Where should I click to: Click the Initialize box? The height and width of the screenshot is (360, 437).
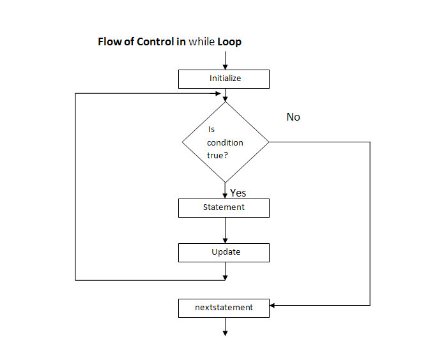pyautogui.click(x=224, y=79)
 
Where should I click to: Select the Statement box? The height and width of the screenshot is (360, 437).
pyautogui.click(x=224, y=208)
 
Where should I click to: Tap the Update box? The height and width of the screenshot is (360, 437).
pyautogui.click(x=224, y=253)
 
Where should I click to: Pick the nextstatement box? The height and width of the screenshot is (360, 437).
pyautogui.click(x=224, y=308)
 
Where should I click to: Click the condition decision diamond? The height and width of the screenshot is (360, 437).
pyautogui.click(x=225, y=142)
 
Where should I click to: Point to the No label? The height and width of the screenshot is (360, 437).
pyautogui.click(x=293, y=117)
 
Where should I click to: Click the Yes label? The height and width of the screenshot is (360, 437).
pyautogui.click(x=238, y=193)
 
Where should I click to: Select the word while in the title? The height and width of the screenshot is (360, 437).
pyautogui.click(x=202, y=41)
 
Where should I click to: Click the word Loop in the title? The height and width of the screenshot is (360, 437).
pyautogui.click(x=229, y=42)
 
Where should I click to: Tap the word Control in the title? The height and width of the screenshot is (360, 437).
pyautogui.click(x=155, y=41)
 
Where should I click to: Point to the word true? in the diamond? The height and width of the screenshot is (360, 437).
pyautogui.click(x=217, y=155)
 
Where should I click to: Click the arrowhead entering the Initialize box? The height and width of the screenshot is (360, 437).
pyautogui.click(x=225, y=67)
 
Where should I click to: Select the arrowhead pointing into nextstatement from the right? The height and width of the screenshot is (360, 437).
pyautogui.click(x=272, y=306)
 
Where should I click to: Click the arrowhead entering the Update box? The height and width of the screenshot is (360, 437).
pyautogui.click(x=225, y=241)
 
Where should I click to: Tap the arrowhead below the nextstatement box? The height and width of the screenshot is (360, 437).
pyautogui.click(x=225, y=333)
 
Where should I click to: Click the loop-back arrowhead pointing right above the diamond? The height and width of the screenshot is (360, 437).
pyautogui.click(x=218, y=94)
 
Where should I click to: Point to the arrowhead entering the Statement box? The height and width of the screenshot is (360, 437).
pyautogui.click(x=225, y=196)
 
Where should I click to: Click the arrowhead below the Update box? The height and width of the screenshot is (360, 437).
pyautogui.click(x=225, y=278)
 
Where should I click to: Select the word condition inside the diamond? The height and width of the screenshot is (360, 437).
pyautogui.click(x=225, y=142)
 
